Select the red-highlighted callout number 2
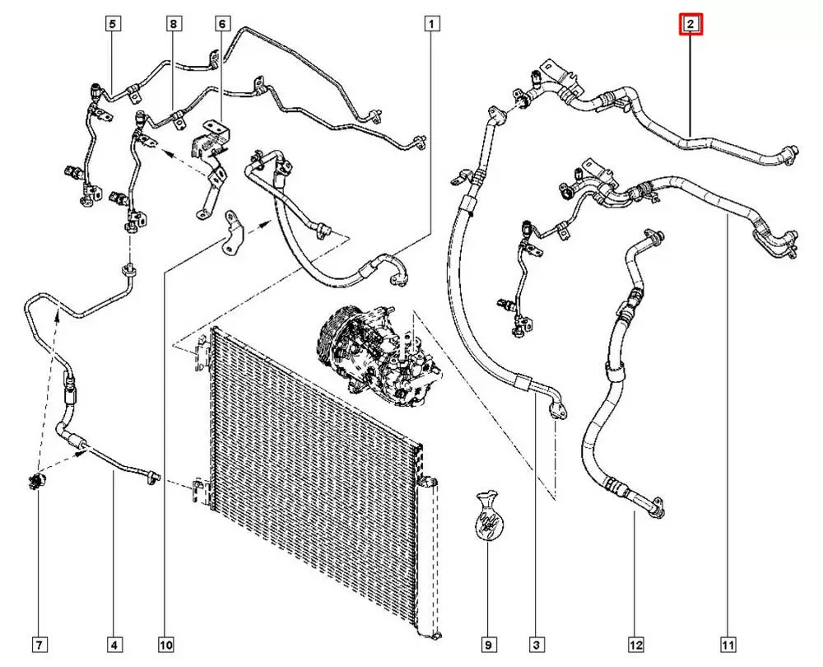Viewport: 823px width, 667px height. coord(690,26)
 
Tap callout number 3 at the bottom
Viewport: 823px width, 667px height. coord(537,643)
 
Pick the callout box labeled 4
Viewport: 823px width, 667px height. coord(114,643)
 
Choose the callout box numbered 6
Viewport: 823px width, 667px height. coord(221,24)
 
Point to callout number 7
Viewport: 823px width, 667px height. coord(39,643)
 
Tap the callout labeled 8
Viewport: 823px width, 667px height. coord(173,24)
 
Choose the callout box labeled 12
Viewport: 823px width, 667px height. coord(635,643)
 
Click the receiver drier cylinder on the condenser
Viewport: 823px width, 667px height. coord(429,560)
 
